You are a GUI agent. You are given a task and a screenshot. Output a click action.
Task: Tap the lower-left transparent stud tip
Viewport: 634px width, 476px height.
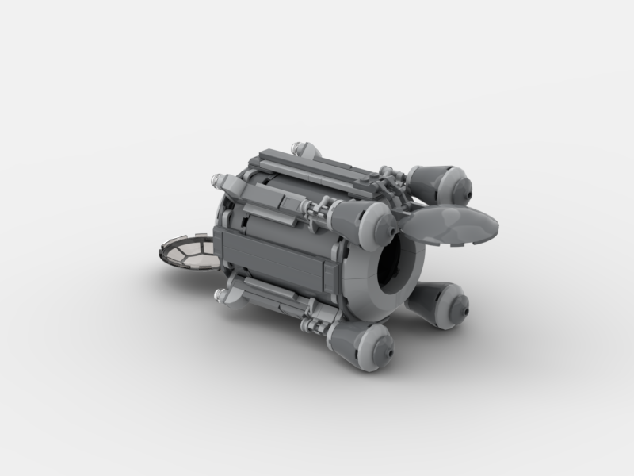(220, 297)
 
